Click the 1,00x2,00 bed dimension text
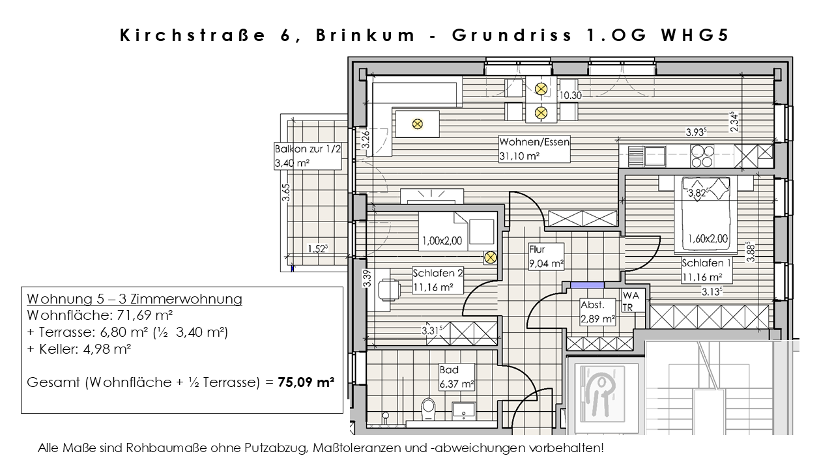[x=441, y=241]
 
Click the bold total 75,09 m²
[x=306, y=382]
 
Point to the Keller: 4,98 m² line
[x=79, y=349]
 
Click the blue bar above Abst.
[x=587, y=284]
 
